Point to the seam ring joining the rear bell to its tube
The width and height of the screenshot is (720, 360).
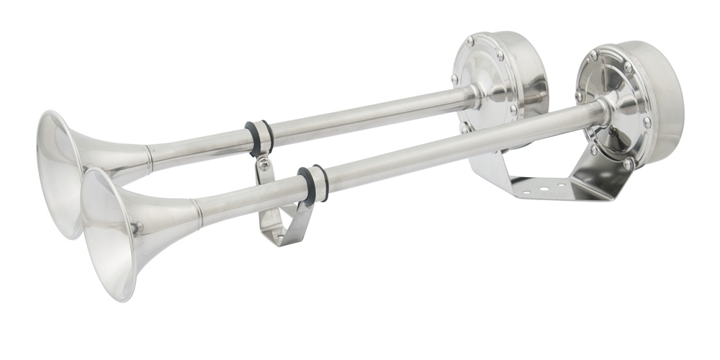(149, 158)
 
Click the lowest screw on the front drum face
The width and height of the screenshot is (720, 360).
(628, 163)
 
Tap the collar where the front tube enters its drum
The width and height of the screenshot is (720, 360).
(603, 112)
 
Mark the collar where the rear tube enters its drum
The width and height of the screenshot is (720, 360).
(474, 94)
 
